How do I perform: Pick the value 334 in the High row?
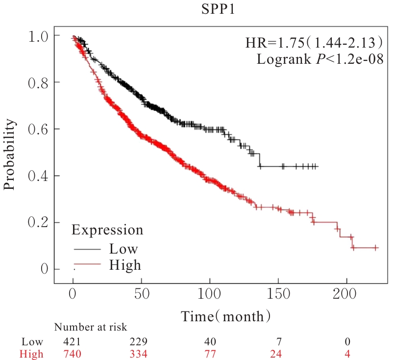tap(142, 354)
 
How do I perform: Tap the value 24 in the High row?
tap(278, 354)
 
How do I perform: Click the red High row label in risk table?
tap(32, 354)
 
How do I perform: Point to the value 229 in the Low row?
tap(142, 342)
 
